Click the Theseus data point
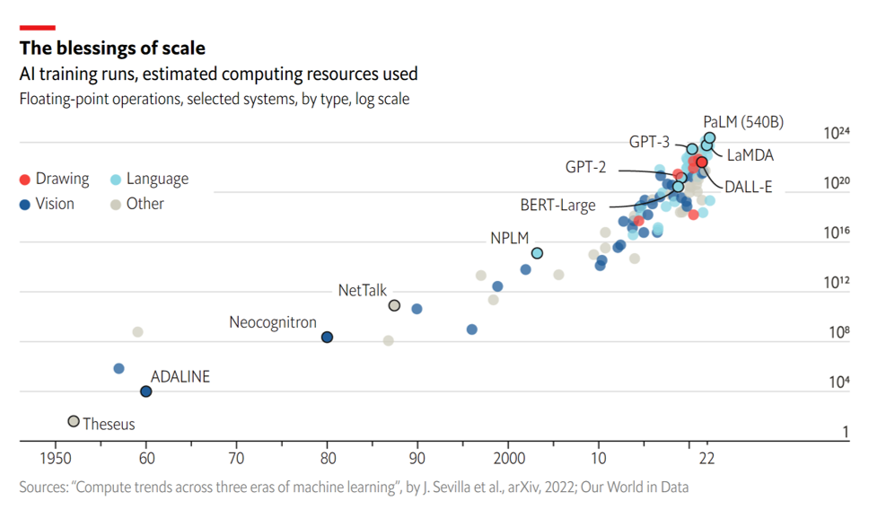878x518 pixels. [74, 421]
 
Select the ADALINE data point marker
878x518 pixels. [146, 391]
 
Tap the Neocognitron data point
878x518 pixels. [328, 337]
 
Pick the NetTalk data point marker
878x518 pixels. [394, 305]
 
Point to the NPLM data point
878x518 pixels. [537, 253]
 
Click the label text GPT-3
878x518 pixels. [649, 141]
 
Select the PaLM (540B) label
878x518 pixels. [744, 121]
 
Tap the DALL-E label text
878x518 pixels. [749, 187]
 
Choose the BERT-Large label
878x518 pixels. [558, 206]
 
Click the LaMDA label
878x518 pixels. [751, 155]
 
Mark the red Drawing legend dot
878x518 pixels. [25, 179]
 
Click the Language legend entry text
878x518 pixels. [157, 179]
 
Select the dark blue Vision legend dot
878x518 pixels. [25, 204]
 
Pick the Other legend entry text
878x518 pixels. [145, 204]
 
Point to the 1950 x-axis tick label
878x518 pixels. [56, 456]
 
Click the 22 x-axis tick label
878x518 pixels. [707, 456]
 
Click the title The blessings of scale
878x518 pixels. [112, 48]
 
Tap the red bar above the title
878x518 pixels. [37, 28]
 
